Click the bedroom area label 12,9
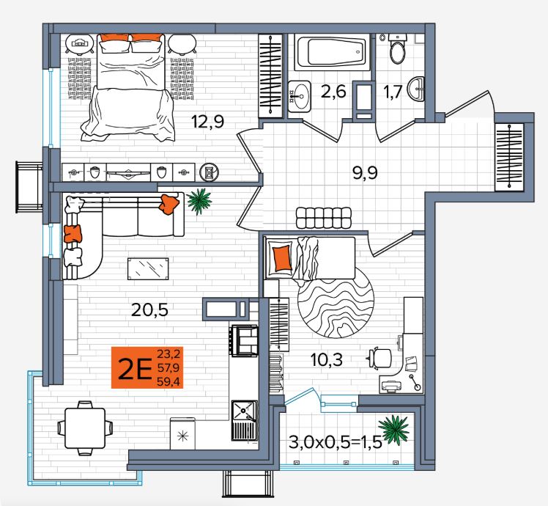click(x=207, y=122)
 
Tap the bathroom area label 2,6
click(x=333, y=92)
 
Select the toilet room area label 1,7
click(x=393, y=93)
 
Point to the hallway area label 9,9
click(x=366, y=172)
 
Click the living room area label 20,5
click(x=149, y=309)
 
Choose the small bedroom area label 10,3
click(x=327, y=360)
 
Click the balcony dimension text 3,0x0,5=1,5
click(x=335, y=443)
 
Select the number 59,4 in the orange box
click(x=169, y=381)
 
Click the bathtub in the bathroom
click(x=332, y=52)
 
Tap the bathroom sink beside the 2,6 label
click(x=299, y=96)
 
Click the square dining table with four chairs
click(x=85, y=428)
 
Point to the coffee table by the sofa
click(x=148, y=268)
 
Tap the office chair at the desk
click(x=379, y=358)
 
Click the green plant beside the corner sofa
click(x=199, y=202)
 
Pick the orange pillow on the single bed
click(x=283, y=258)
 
